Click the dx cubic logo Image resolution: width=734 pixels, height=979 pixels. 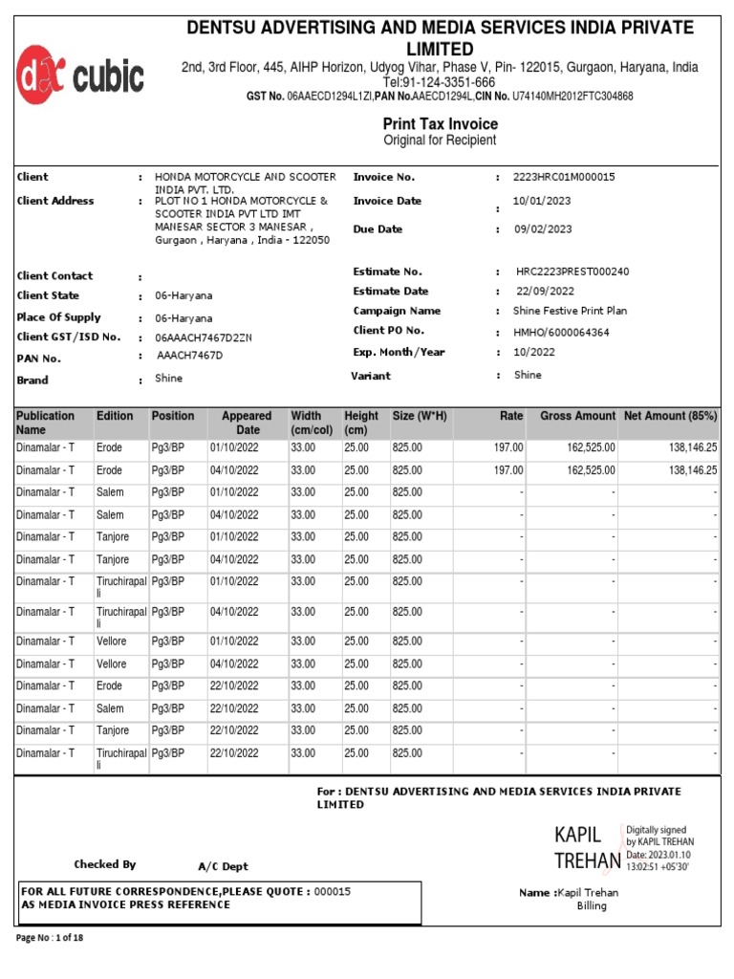[x=79, y=75]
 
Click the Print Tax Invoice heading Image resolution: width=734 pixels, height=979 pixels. [x=440, y=123]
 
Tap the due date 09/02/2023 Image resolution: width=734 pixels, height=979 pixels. [x=543, y=229]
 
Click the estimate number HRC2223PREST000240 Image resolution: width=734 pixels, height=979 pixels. [x=572, y=272]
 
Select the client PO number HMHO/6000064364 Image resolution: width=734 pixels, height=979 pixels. [x=562, y=333]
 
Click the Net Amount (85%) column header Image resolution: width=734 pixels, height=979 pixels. [x=670, y=417]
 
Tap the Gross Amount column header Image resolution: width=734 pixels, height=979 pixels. [x=577, y=417]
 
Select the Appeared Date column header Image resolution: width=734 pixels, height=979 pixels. [x=247, y=423]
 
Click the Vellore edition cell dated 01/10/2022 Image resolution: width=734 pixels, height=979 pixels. [x=111, y=642]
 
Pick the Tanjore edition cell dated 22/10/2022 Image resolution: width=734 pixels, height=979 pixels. [x=112, y=730]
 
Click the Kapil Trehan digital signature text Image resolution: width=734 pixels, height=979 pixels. [x=587, y=848]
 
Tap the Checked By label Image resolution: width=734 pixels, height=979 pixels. [x=105, y=864]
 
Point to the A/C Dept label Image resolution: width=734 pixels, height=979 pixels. [x=223, y=866]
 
